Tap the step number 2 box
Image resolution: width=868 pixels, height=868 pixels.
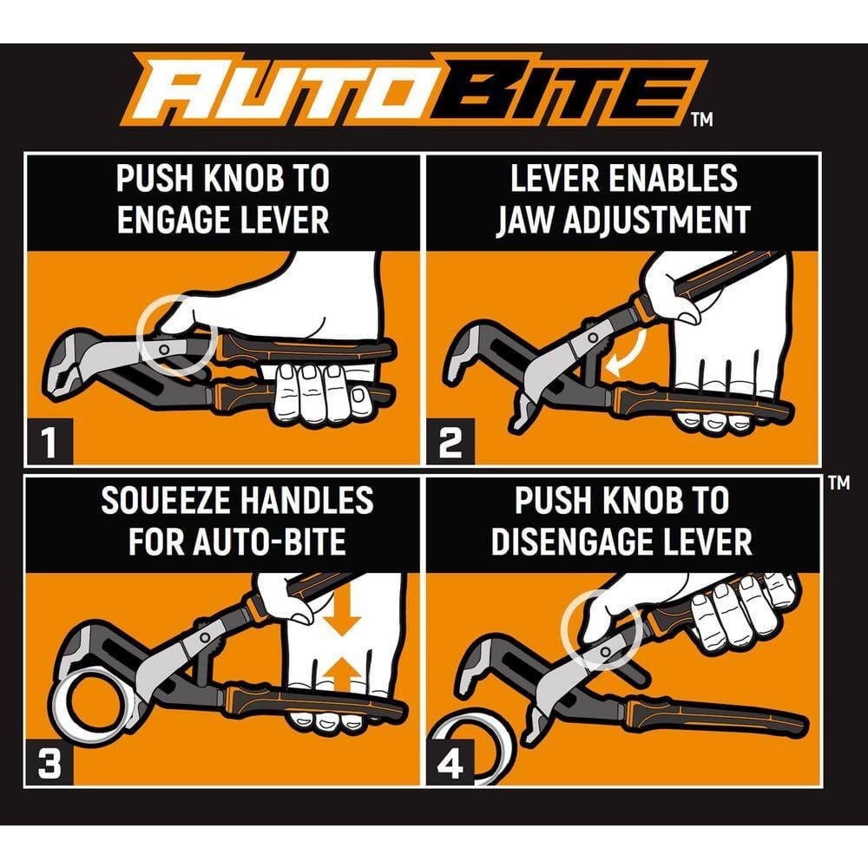[x=450, y=444]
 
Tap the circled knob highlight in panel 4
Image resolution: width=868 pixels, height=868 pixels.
[x=601, y=629]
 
